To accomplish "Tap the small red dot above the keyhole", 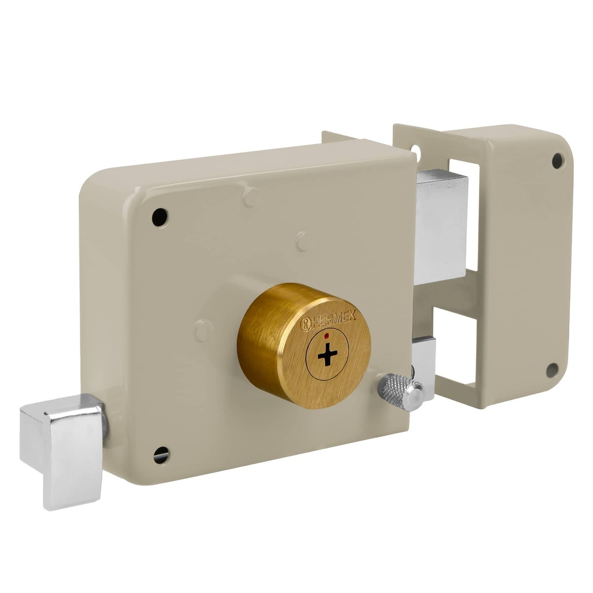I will (x=327, y=335).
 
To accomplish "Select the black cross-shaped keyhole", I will (x=328, y=354).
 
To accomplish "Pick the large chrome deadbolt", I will (x=441, y=226).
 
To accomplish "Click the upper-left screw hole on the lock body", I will (x=160, y=217).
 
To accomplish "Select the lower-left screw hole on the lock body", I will (x=162, y=455).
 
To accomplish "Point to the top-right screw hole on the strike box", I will (x=557, y=160).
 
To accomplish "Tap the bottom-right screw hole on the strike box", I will (x=552, y=370).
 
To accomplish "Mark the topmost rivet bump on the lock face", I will (x=250, y=197).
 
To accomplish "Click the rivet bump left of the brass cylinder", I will (x=203, y=331).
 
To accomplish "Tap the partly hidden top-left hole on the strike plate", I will (x=415, y=152).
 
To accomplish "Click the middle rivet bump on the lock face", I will (x=303, y=241).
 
